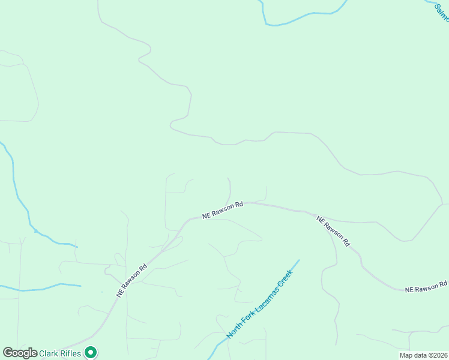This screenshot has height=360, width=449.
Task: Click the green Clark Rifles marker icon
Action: [90, 353]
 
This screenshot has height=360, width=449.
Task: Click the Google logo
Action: [20, 353]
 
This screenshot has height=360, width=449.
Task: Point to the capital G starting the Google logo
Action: [8, 353]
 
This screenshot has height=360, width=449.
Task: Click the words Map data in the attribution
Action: [412, 355]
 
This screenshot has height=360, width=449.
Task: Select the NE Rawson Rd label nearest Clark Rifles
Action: [132, 281]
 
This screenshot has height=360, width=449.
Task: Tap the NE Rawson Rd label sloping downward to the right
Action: [333, 232]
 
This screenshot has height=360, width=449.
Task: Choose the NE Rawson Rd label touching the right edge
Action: [426, 287]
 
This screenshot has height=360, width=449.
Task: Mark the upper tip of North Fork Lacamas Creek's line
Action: [298, 260]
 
